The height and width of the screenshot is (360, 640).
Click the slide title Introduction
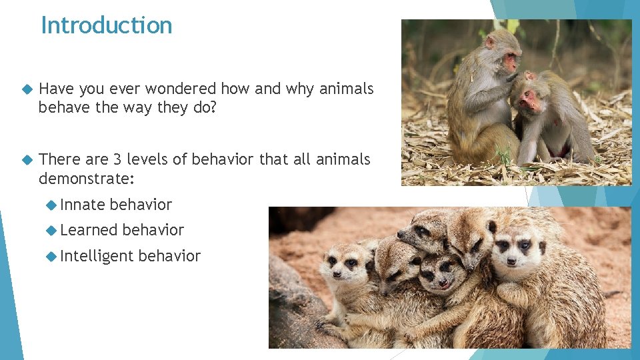point(107,25)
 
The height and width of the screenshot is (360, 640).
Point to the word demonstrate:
point(87,178)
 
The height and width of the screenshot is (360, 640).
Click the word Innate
point(82,205)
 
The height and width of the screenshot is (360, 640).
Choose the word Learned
point(89,230)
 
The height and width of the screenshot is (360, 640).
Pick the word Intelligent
point(97,256)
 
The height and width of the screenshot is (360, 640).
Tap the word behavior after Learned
point(153,230)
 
